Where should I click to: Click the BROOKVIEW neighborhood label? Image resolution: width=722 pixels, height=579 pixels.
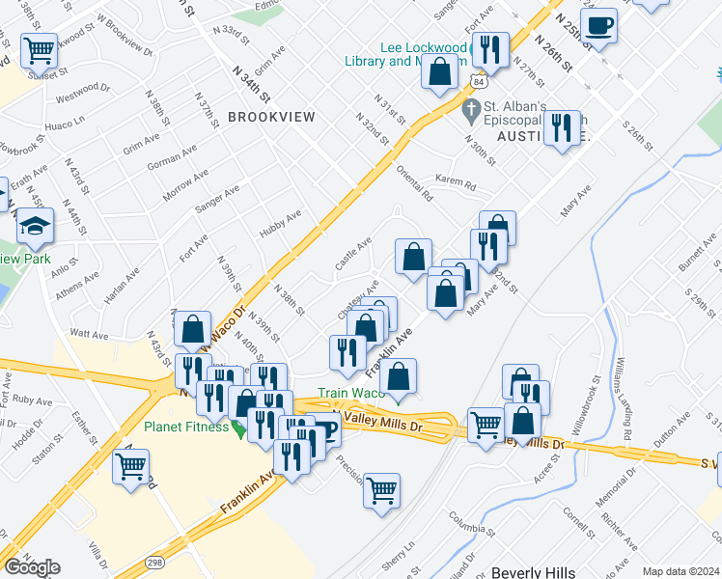[x=271, y=116]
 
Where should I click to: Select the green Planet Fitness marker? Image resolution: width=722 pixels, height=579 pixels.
[x=237, y=427]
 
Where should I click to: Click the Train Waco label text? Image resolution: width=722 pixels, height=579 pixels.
[x=352, y=393]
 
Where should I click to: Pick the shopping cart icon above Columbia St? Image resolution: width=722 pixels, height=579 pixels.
[x=381, y=489]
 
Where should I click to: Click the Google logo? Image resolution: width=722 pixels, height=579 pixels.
[x=32, y=567]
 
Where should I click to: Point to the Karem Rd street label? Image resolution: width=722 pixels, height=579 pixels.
[x=456, y=182]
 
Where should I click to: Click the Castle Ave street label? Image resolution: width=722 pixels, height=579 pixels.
[x=353, y=255]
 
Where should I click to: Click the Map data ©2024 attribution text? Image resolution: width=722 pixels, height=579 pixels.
[x=680, y=571]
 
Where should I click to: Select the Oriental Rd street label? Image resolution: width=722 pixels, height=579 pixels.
[x=415, y=182]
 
